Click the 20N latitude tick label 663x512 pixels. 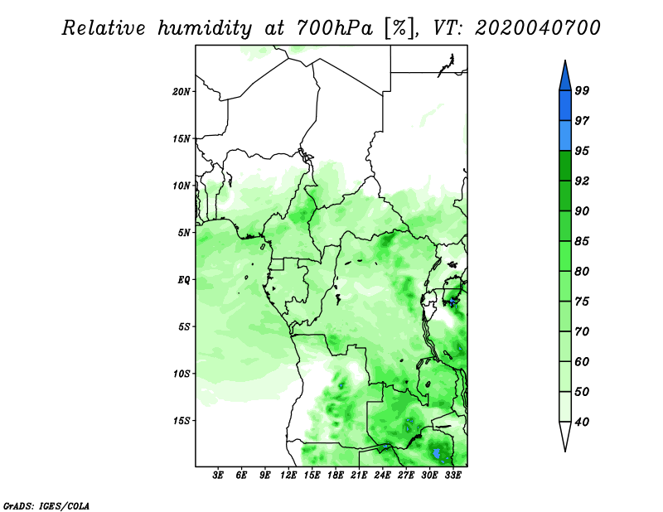pyautogui.click(x=181, y=91)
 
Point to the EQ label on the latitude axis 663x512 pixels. pyautogui.click(x=184, y=280)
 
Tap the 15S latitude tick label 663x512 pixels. pyautogui.click(x=181, y=421)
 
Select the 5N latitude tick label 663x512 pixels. pyautogui.click(x=184, y=233)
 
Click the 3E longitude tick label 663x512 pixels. pyautogui.click(x=218, y=476)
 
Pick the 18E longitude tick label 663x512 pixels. pyautogui.click(x=336, y=476)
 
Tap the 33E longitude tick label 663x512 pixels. pyautogui.click(x=452, y=476)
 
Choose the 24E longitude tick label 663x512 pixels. pyautogui.click(x=382, y=476)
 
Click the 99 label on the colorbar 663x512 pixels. pyautogui.click(x=582, y=90)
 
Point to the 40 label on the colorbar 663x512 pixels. pyautogui.click(x=582, y=422)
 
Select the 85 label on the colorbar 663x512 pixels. pyautogui.click(x=582, y=241)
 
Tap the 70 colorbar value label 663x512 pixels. pyautogui.click(x=582, y=331)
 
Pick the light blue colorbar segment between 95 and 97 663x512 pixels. pyautogui.click(x=565, y=136)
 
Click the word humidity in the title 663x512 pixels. pyautogui.click(x=205, y=29)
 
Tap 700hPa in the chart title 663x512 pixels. pyautogui.click(x=335, y=28)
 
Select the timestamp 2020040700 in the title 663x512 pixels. pyautogui.click(x=537, y=28)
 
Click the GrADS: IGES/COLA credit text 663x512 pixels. pyautogui.click(x=46, y=506)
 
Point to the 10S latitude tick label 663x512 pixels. pyautogui.click(x=181, y=374)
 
